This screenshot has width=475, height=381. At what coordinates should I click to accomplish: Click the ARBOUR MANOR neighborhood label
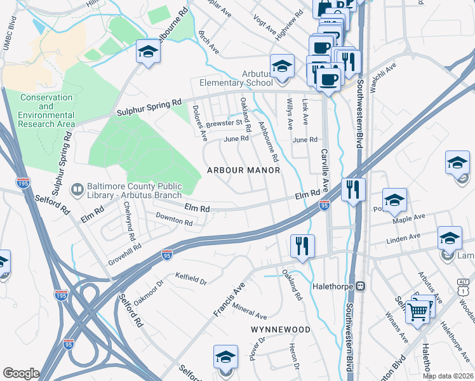point(243,170)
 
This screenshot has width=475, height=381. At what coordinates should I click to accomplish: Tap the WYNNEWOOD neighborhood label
point(280,330)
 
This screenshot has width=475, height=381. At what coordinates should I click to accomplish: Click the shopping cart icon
point(417,311)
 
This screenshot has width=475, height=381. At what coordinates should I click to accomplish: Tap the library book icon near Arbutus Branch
point(77,189)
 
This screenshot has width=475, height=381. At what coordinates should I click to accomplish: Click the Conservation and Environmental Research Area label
point(46,110)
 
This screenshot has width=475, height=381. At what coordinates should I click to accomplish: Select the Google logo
point(20,373)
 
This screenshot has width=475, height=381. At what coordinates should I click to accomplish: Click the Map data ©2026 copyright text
point(448,376)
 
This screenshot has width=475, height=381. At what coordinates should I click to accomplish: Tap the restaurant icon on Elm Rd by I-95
point(353,189)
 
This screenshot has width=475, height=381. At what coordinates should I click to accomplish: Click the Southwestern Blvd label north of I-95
point(359,114)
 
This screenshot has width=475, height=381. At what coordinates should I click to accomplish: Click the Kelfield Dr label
point(191,277)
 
